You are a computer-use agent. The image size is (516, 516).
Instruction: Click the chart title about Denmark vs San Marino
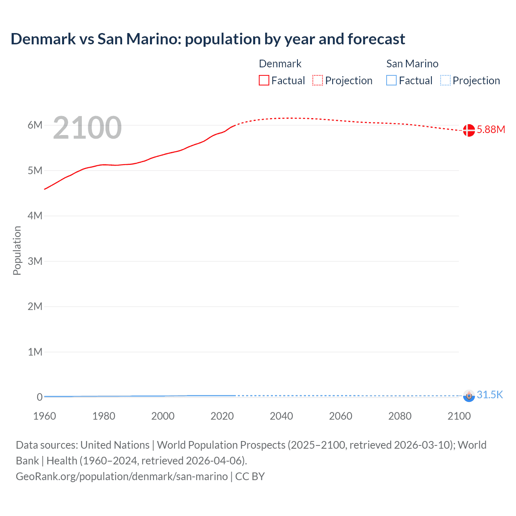[208, 39]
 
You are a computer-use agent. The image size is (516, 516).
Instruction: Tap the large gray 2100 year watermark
[87, 128]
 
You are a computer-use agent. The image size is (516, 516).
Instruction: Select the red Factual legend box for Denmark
[264, 81]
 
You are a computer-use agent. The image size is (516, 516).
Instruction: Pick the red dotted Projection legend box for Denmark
[318, 81]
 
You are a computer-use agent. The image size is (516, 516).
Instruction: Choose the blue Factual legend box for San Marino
[391, 81]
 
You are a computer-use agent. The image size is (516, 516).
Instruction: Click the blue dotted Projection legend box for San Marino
[445, 81]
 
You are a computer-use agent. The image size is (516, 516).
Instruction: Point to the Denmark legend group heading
[280, 64]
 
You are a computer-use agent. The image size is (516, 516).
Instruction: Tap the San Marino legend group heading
[412, 64]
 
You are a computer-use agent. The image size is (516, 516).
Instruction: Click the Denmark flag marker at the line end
[468, 130]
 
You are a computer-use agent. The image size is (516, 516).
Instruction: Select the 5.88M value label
[491, 129]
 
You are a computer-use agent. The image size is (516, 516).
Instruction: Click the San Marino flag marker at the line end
[469, 396]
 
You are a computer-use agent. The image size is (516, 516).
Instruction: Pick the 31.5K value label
[490, 395]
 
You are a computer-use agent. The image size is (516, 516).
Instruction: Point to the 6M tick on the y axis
[35, 125]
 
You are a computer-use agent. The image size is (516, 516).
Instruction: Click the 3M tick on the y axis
[35, 261]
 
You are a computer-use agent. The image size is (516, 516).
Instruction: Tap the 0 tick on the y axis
[40, 397]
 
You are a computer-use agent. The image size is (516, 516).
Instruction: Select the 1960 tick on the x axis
[44, 416]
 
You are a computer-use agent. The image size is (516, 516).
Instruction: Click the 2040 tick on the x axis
[281, 416]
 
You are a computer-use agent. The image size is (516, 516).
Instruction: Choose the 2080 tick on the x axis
[400, 416]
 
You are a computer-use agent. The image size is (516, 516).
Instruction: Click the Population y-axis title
[17, 250]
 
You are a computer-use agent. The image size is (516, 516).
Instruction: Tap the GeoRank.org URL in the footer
[122, 476]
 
